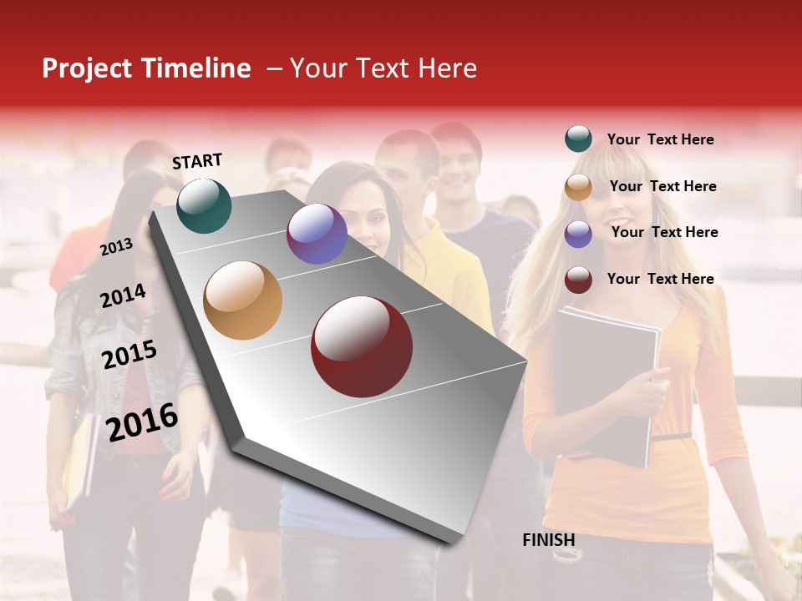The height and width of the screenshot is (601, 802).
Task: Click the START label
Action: (x=197, y=161)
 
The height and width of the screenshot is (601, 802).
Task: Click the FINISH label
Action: (x=549, y=540)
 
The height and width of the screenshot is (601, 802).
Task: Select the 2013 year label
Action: (x=116, y=247)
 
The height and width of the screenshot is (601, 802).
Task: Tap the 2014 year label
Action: (x=123, y=295)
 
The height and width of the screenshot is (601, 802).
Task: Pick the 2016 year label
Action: (x=142, y=422)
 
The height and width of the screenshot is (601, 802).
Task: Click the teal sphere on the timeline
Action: (x=204, y=205)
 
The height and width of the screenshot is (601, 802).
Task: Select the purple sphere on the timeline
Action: (x=317, y=234)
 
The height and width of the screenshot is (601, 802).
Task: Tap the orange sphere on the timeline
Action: (x=243, y=300)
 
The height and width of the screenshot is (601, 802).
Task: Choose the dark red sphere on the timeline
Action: (x=362, y=346)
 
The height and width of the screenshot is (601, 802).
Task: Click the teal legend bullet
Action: (x=578, y=139)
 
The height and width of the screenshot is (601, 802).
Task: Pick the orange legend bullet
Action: (x=578, y=187)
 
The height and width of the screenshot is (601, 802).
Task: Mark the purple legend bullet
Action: (x=578, y=234)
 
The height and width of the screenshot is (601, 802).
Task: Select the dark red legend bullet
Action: (x=578, y=280)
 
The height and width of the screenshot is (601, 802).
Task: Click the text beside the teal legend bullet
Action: (x=660, y=139)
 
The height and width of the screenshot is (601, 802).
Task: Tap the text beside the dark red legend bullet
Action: (x=660, y=279)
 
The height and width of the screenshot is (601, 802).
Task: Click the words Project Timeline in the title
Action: (x=146, y=68)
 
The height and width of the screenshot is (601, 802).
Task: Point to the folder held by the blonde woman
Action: (x=606, y=384)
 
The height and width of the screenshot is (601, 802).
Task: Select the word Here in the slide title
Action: (x=447, y=68)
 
